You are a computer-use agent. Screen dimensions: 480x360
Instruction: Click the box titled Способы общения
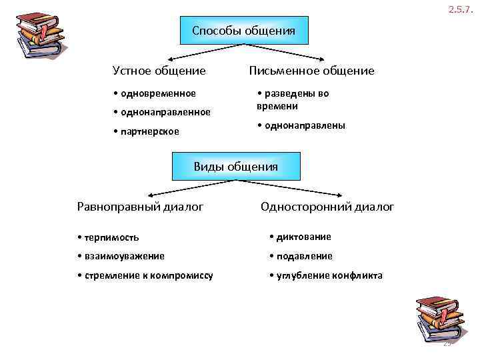pos(245,31)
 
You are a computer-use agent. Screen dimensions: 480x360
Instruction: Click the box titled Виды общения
pos(236,167)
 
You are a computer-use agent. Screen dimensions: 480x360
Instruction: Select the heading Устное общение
pos(159,71)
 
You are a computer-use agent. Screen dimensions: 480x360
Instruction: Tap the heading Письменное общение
pos(311,71)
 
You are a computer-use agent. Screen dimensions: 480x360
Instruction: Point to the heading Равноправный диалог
pos(141,207)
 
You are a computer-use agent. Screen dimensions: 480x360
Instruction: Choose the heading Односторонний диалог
pos(327,207)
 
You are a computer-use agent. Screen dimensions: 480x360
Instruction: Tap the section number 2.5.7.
pos(461,9)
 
